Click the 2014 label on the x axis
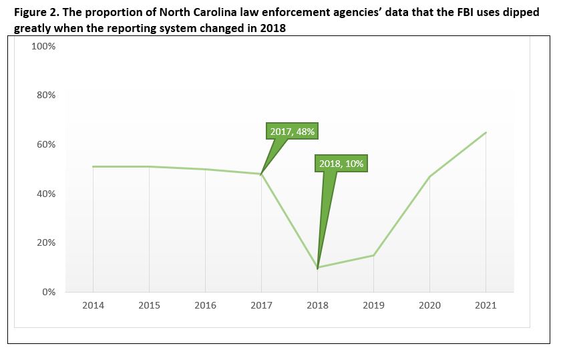(93, 305)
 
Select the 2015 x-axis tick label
(149, 305)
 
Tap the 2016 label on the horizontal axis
(205, 305)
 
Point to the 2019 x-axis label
(373, 305)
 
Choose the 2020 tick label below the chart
(429, 305)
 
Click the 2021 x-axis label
(486, 305)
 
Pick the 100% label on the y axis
(43, 46)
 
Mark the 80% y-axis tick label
(45, 96)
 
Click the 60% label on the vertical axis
(45, 144)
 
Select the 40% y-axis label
(45, 194)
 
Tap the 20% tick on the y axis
(45, 243)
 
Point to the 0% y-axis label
(48, 292)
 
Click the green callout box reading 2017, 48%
(292, 132)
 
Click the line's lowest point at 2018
(317, 268)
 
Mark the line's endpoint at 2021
(486, 132)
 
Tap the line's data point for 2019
(373, 255)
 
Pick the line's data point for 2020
(429, 176)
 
